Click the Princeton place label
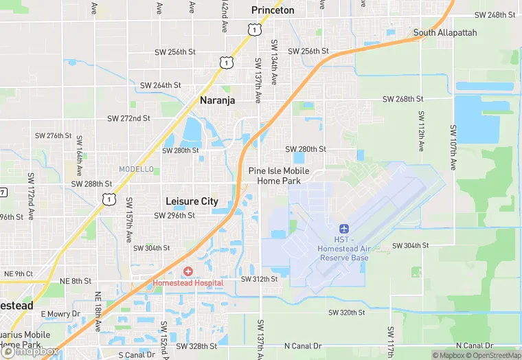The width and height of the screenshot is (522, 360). [273, 10]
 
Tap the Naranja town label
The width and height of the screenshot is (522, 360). [217, 100]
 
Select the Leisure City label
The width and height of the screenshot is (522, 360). [192, 201]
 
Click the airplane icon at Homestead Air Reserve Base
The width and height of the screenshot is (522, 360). [344, 228]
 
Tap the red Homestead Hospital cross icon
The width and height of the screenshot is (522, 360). [188, 272]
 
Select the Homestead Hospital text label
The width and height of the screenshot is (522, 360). [188, 282]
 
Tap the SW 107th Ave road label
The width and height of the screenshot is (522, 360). [453, 148]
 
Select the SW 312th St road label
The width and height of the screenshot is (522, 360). [260, 279]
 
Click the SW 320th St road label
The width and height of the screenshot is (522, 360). [346, 312]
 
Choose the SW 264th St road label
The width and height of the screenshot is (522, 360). [161, 85]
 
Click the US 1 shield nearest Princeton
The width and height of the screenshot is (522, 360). [254, 30]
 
